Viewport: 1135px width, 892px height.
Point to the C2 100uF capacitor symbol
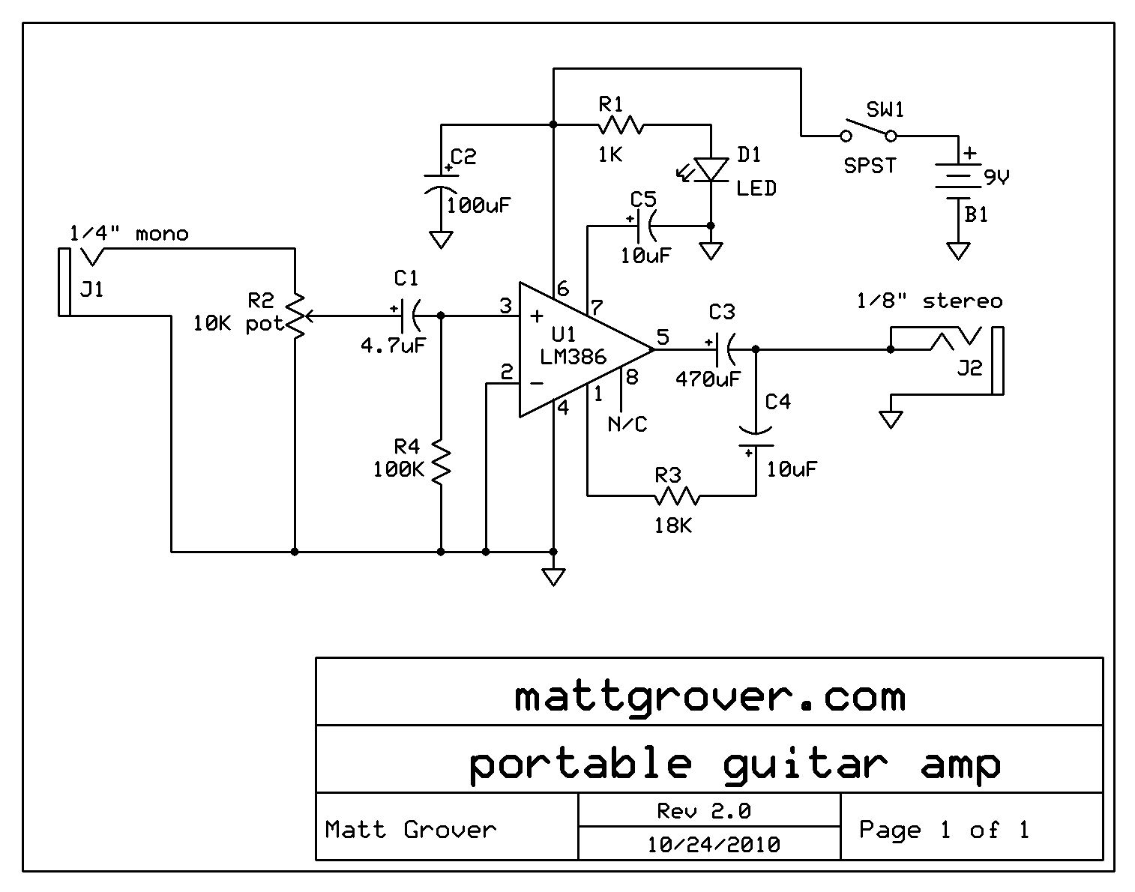[x=441, y=184]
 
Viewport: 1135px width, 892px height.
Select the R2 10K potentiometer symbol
[x=296, y=316]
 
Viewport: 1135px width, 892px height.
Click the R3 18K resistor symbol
[x=676, y=495]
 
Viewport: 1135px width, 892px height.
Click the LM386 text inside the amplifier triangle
[x=573, y=356]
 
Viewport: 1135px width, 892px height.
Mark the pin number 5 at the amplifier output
[x=662, y=337]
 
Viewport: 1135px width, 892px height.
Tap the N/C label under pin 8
[x=627, y=424]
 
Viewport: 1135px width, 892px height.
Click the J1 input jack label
[x=91, y=289]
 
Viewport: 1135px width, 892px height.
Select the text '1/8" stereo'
[x=929, y=301]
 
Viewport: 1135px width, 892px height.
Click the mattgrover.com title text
[x=709, y=696]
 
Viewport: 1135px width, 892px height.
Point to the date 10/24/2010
[x=713, y=845]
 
